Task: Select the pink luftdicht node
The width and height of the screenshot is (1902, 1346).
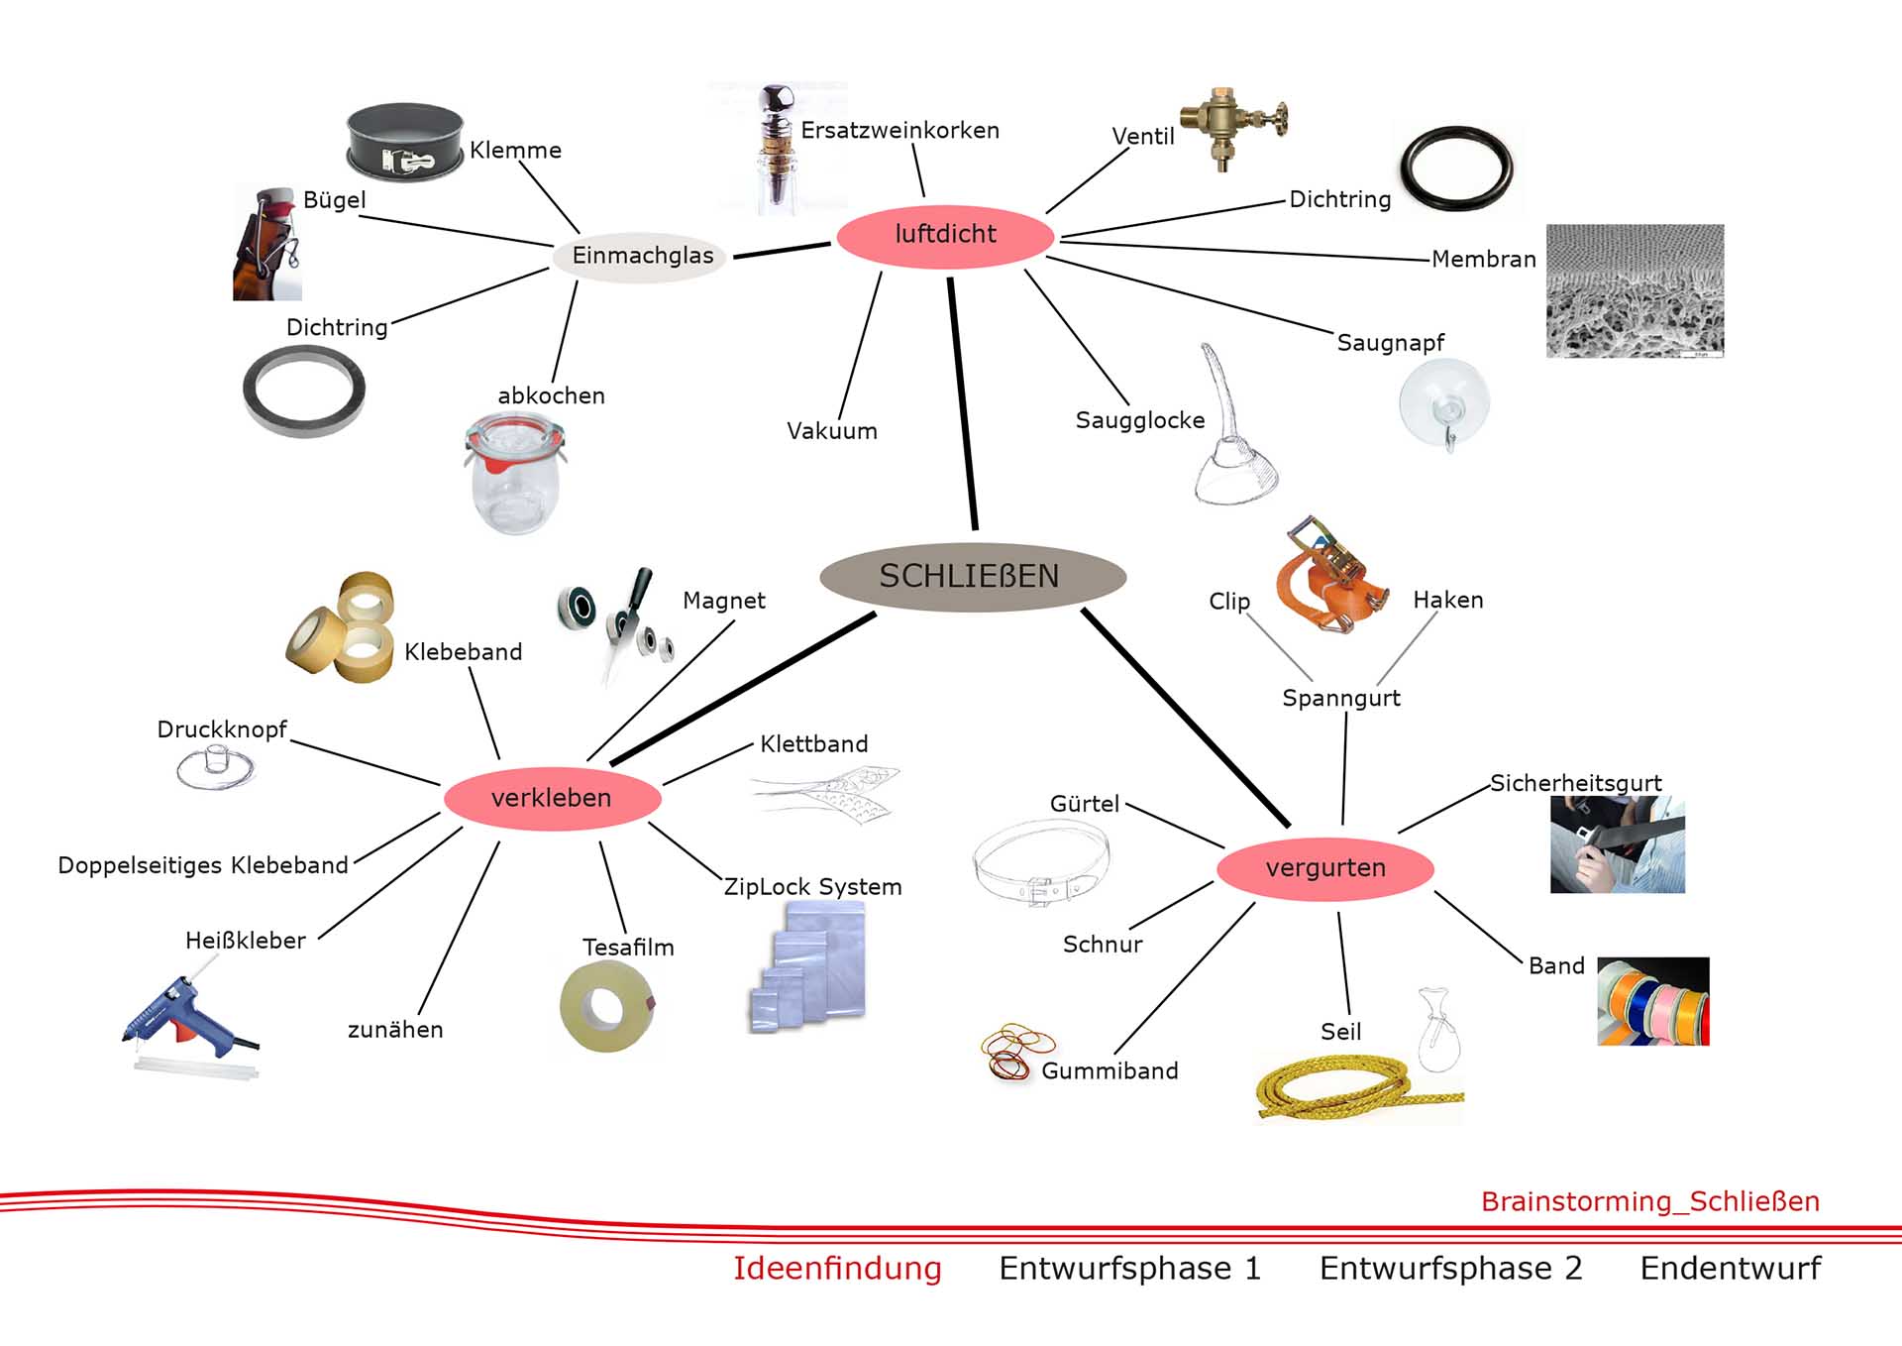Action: click(944, 235)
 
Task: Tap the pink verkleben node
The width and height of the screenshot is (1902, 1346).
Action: click(551, 798)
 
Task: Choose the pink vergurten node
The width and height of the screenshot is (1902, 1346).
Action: click(1324, 868)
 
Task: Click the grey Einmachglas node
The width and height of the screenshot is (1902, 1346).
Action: click(642, 256)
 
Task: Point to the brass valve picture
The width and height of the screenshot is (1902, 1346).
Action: click(1232, 126)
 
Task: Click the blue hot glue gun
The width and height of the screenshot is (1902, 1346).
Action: click(188, 1021)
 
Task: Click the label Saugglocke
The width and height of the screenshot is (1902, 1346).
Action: click(1140, 420)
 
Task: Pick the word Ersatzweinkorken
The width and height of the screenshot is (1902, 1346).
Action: click(899, 131)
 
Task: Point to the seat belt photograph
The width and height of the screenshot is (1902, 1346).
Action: click(1617, 844)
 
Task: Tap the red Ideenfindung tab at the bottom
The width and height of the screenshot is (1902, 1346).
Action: click(837, 1269)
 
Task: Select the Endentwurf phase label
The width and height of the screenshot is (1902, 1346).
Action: click(1730, 1269)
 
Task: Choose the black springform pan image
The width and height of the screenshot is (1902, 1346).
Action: click(404, 142)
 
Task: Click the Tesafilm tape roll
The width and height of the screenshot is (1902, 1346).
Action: click(606, 1005)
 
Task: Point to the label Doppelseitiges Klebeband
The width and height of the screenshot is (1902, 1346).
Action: click(203, 865)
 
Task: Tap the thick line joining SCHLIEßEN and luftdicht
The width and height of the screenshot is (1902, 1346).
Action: click(962, 404)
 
